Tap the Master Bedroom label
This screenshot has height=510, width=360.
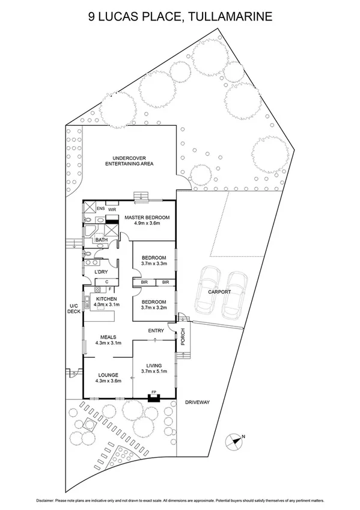coord(147,217)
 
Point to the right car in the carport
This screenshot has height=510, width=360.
coord(236,294)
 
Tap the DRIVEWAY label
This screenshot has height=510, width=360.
coord(197,402)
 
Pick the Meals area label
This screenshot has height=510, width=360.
coord(108,337)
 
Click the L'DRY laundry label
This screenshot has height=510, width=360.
coord(101,272)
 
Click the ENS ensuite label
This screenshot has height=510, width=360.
coord(100,209)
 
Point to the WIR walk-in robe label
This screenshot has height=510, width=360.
coord(112,210)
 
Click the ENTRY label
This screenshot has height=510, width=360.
coord(156,330)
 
